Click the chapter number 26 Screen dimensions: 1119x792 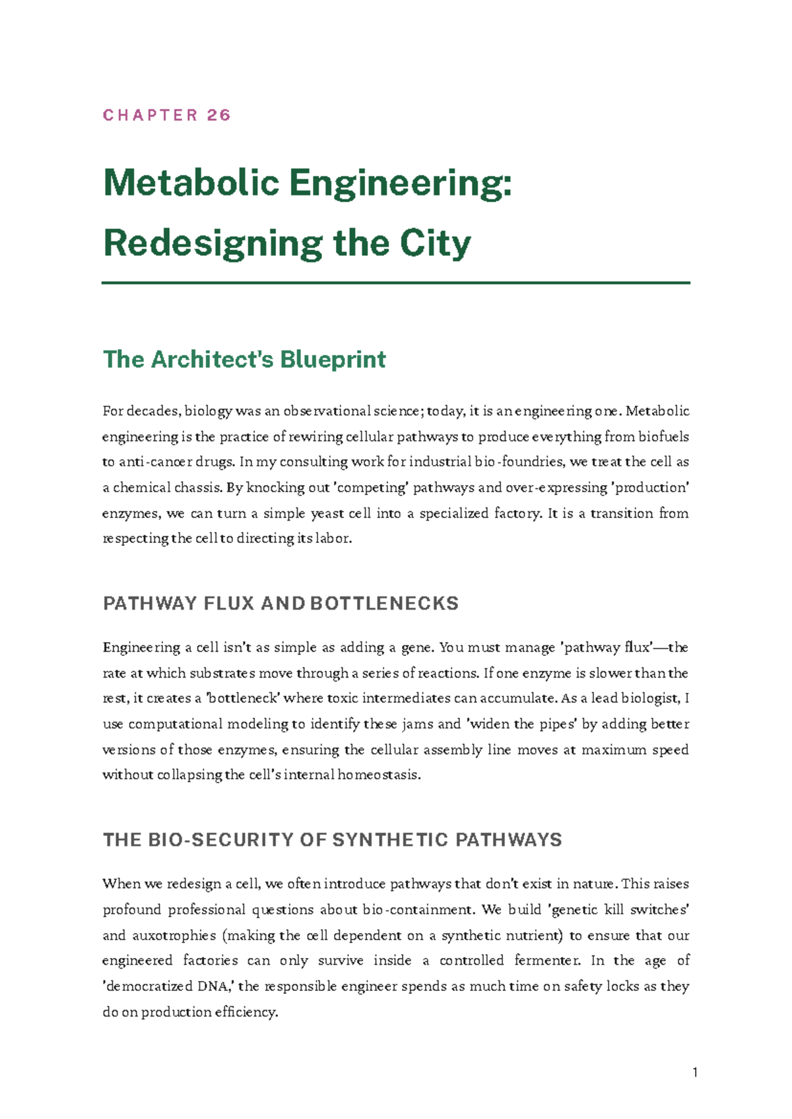coord(218,115)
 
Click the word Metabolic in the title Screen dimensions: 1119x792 coord(191,183)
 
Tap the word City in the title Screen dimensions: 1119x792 coord(435,243)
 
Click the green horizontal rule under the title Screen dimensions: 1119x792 coord(396,282)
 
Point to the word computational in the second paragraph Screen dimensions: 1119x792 coord(175,724)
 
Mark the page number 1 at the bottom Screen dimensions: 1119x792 coord(695,1073)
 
